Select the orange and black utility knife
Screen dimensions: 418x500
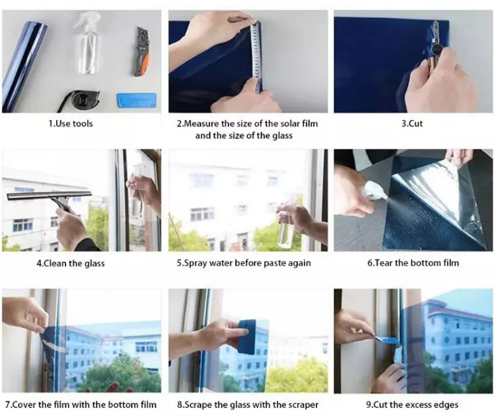coord(140,51)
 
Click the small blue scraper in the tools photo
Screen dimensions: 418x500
coord(136,100)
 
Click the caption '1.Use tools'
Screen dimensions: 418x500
coord(70,123)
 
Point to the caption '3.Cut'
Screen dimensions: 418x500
coord(412,123)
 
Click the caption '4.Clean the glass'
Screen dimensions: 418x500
coord(70,263)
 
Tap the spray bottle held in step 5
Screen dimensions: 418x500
coord(286,229)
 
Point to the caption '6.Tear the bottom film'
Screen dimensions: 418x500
coord(413,263)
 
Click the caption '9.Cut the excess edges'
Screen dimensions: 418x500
coord(412,404)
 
